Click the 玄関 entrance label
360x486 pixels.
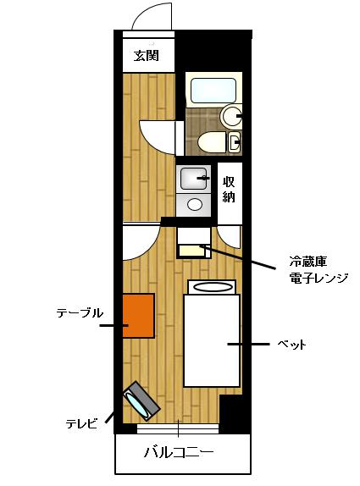147,57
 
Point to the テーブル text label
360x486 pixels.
80,313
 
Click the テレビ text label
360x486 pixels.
82,422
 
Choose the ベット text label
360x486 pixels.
291,345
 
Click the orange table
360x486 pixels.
138,316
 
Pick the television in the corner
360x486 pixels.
141,402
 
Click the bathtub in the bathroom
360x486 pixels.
213,90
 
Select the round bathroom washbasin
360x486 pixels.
230,116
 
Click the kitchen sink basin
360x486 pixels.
194,178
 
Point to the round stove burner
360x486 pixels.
195,204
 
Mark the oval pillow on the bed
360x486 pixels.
212,287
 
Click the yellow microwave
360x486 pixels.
193,251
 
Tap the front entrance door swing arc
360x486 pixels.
152,18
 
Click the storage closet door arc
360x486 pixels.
229,237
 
